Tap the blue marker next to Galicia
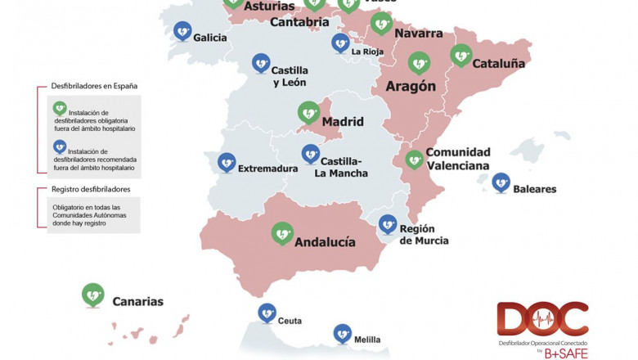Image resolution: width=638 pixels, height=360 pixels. pos(182,30)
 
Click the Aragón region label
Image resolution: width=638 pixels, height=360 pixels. pos(410,86)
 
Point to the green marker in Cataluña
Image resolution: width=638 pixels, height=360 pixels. pos(461,54)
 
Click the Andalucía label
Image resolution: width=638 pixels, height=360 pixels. pos(325,242)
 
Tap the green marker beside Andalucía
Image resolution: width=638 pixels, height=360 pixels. pos(283,233)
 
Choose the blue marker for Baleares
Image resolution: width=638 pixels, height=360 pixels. pos(501,181)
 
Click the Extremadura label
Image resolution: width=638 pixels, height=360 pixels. pos(267,169)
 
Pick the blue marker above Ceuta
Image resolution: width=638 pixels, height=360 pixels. pos(267,312)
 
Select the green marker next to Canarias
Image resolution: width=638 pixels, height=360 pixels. pos(93,293)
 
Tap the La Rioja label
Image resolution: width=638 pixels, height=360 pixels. pos(367,52)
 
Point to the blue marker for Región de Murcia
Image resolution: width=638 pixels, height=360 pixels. pos(388,223)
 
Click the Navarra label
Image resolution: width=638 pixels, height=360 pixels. pos(418,34)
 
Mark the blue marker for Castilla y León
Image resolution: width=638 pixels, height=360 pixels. pos(261,61)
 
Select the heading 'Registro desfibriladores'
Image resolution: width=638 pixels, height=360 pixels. pos(91,189)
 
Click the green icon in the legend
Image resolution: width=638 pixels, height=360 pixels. pos(59,107)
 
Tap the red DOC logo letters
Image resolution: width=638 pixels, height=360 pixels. pos(541,319)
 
